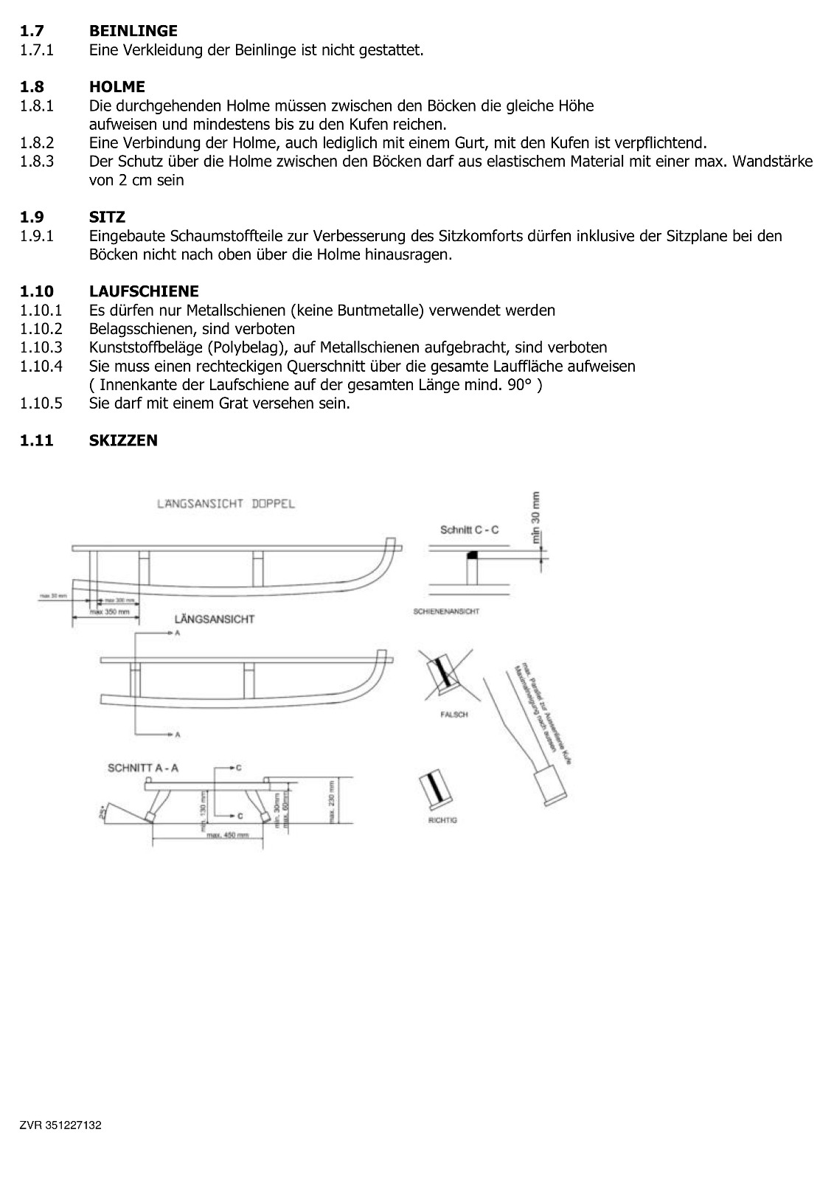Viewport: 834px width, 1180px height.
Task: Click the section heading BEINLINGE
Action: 133,31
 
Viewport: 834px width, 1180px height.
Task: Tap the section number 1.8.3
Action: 37,162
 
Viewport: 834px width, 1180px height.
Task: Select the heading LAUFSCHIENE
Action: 143,291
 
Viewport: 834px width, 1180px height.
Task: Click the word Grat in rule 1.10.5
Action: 307,403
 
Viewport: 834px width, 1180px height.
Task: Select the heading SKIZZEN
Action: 122,440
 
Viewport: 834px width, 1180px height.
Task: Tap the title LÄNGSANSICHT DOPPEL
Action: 226,504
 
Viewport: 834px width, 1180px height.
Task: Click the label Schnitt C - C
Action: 469,530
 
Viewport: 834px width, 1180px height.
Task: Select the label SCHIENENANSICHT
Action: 447,611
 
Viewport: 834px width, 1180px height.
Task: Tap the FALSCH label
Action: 454,715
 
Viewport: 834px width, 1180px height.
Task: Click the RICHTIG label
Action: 442,820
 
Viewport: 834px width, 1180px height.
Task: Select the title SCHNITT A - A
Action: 143,768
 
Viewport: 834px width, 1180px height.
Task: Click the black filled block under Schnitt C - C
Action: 473,553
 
